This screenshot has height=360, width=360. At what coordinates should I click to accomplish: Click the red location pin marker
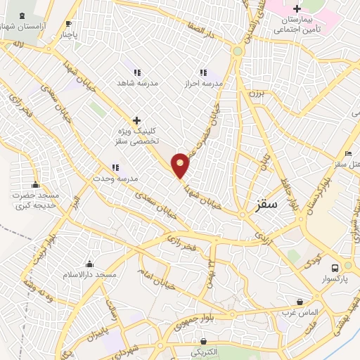(181, 165)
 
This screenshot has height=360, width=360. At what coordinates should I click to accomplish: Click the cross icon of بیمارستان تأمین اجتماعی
(297, 9)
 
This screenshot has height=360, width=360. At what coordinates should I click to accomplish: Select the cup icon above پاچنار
(68, 22)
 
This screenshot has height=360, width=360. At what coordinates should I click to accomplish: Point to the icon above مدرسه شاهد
(136, 72)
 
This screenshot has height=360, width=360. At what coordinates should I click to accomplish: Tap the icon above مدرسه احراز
(202, 72)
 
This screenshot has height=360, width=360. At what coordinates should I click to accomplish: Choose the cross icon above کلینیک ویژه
(136, 120)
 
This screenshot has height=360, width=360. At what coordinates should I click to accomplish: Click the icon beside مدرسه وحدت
(115, 167)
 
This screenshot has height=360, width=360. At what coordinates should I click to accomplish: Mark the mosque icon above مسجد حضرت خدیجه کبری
(35, 184)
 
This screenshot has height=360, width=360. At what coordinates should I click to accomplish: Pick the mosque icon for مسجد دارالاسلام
(89, 264)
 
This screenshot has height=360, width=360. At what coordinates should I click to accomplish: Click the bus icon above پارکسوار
(335, 267)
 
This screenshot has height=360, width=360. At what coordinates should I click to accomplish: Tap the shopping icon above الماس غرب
(301, 302)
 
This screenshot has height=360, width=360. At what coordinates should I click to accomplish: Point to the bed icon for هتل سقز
(347, 154)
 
